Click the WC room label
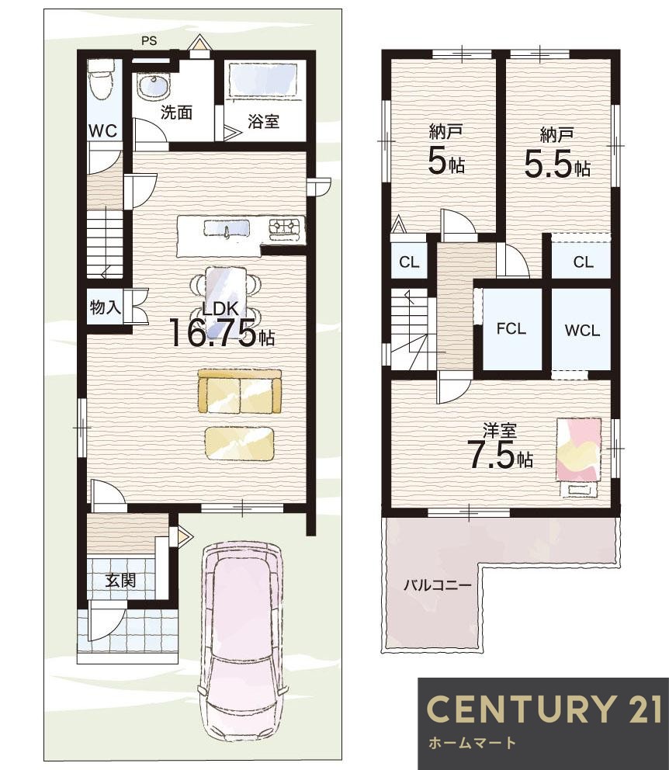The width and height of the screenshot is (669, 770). tap(103, 130)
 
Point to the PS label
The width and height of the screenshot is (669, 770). tap(149, 41)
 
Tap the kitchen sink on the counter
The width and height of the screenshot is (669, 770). tap(227, 229)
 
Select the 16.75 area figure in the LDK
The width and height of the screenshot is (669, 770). tap(213, 332)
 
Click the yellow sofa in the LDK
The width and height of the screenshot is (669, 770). tap(240, 391)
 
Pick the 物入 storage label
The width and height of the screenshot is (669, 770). tap(106, 307)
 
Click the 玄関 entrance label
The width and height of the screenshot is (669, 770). tap(120, 581)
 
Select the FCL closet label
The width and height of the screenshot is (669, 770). tap(511, 328)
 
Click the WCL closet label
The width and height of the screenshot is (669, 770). tap(583, 331)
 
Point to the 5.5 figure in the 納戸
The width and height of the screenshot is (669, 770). tap(549, 164)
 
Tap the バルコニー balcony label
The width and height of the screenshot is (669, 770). tap(437, 585)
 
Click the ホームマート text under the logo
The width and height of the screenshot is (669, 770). tap(472, 743)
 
